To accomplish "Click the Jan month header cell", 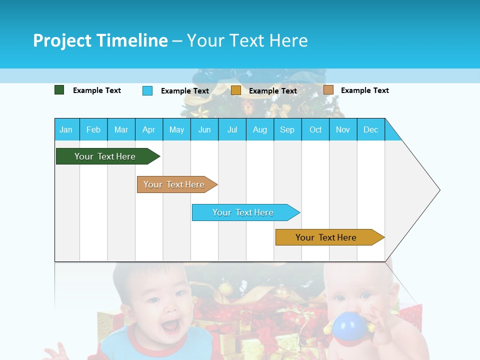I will coord(66,129).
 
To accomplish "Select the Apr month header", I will coord(149,129).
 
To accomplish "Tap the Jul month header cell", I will coord(232,129).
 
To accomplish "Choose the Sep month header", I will coord(287,129).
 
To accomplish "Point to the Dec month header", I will coord(370,129).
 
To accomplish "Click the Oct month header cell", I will coord(315,129).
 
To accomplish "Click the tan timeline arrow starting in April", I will coord(175,184).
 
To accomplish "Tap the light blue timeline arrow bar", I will coord(244,212).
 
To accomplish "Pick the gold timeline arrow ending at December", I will coord(327,237).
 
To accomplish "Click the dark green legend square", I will coord(59,90).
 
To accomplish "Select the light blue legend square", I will coord(147,90).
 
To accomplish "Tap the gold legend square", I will coord(236,90).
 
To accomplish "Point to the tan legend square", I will coord(328,90).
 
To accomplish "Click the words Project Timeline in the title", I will coord(100,40).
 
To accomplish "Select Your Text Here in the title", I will coord(247,40).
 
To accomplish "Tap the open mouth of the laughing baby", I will coord(169,326).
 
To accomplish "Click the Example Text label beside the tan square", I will coord(364,90).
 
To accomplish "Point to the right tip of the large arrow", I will coord(439,190).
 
